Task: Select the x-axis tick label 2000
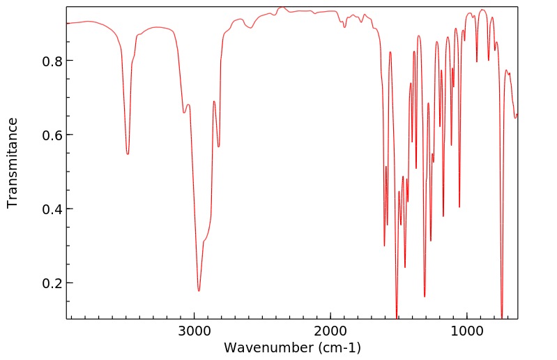[x=330, y=331]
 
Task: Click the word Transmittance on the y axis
[x=13, y=163]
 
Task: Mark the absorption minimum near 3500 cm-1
[x=128, y=154]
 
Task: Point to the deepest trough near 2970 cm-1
[x=199, y=291]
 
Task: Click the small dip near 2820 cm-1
[x=219, y=147]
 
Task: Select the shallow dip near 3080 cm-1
[x=184, y=112]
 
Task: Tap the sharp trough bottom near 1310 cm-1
[x=425, y=297]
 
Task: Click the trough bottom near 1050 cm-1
[x=459, y=207]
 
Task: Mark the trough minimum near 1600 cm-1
[x=384, y=246]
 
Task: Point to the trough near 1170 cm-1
[x=443, y=216]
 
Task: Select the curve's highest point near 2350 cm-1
[x=282, y=8]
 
